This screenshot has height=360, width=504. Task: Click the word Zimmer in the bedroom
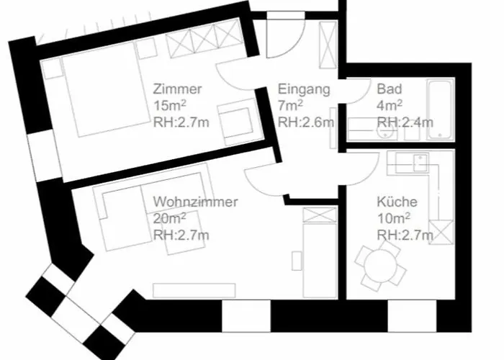[177, 89]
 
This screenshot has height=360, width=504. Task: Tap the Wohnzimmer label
[195, 202]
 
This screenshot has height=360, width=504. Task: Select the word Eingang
[304, 90]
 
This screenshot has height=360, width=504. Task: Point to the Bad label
[390, 89]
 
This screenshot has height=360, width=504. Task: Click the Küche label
[397, 202]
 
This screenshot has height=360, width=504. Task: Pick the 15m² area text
[170, 105]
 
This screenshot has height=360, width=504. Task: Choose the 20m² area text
[169, 219]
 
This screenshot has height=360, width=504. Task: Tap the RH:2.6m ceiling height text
[306, 122]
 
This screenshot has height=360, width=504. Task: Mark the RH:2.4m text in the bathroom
[405, 122]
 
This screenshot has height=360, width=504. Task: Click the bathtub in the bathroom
[441, 109]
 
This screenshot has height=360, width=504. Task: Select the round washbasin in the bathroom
[386, 132]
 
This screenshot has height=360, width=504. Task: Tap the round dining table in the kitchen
[380, 266]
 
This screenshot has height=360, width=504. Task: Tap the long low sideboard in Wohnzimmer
[194, 291]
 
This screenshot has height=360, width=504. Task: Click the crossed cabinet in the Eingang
[328, 45]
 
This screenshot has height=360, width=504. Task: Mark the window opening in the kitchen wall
[412, 316]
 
